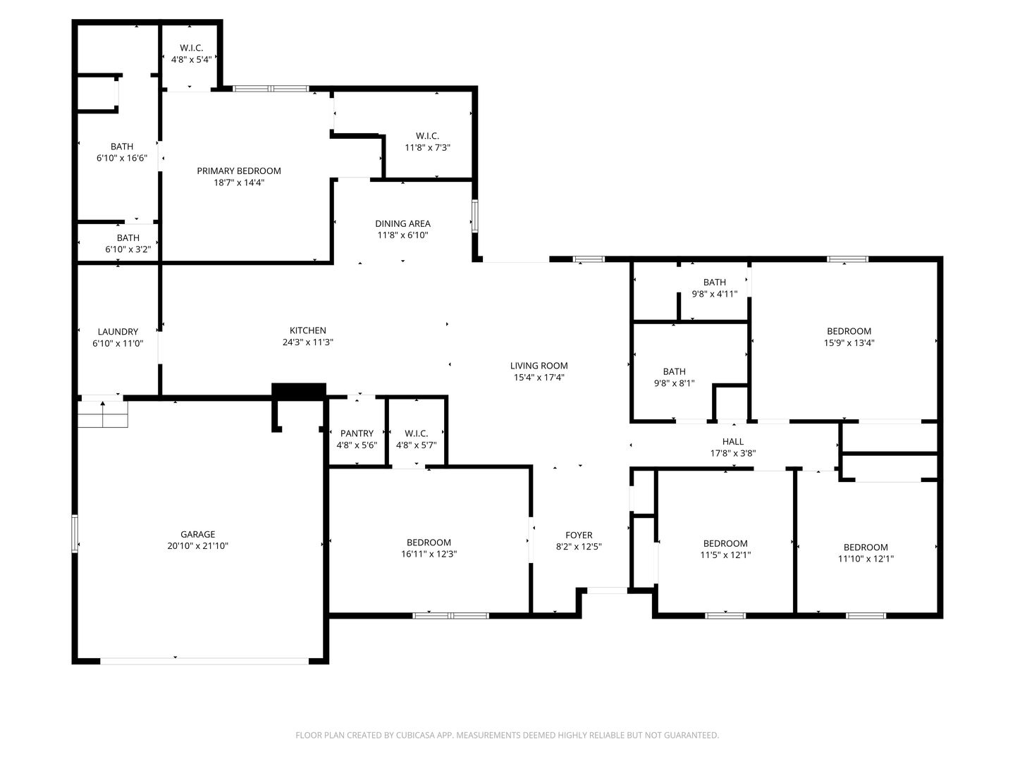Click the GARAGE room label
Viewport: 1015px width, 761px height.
[x=197, y=534]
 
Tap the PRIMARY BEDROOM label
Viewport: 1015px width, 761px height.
[x=239, y=171]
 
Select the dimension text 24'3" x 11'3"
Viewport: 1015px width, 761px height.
[x=307, y=342]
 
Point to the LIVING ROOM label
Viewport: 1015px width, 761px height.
[x=539, y=365]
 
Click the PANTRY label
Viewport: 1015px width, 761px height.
[x=357, y=433]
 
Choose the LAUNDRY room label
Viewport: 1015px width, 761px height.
[x=118, y=331]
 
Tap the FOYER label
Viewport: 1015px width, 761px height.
[x=579, y=535]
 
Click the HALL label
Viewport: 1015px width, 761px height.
[x=733, y=442]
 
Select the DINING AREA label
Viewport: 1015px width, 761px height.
[x=402, y=223]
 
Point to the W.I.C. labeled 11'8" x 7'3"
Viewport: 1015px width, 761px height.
[x=427, y=135]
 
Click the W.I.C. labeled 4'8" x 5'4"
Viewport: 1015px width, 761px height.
[x=191, y=48]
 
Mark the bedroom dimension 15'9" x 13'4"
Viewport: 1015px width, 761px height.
[x=849, y=343]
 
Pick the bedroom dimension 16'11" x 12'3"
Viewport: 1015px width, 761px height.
[x=429, y=554]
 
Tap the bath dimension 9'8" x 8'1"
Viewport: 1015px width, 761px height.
[x=674, y=383]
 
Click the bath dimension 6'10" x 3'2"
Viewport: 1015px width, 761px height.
[x=128, y=249]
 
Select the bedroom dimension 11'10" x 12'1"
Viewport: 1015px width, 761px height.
[x=866, y=559]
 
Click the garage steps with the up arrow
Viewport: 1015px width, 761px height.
[x=103, y=414]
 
